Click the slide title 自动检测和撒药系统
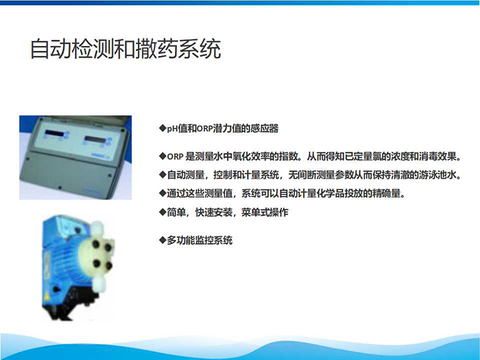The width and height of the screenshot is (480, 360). click(x=125, y=49)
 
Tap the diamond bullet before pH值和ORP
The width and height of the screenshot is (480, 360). click(x=163, y=128)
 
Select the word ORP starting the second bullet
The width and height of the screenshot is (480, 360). click(x=175, y=157)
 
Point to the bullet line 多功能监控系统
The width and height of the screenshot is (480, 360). click(x=196, y=240)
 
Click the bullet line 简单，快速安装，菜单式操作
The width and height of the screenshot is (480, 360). click(x=224, y=212)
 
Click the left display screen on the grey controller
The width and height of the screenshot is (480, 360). click(x=54, y=134)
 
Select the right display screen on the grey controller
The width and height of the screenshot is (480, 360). click(x=94, y=140)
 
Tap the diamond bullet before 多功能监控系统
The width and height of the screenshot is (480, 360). click(x=163, y=240)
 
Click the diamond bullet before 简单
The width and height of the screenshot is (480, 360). click(x=163, y=211)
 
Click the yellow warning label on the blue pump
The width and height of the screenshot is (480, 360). click(x=47, y=297)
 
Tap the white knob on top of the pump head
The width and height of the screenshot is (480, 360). click(x=97, y=228)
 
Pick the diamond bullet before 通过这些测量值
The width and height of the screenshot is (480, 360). click(x=163, y=193)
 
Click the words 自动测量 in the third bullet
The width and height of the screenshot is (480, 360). click(x=186, y=175)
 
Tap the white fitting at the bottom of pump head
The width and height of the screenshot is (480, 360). click(x=99, y=283)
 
